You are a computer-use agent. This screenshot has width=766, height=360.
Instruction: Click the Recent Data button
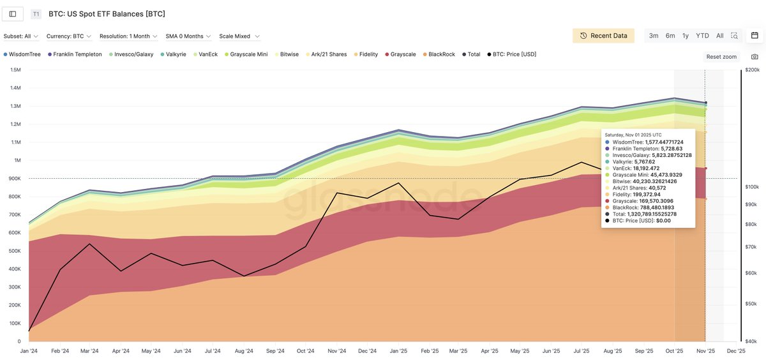click(603, 36)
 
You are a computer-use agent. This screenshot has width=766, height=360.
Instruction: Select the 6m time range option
click(670, 36)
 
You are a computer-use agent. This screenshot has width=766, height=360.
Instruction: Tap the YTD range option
click(702, 36)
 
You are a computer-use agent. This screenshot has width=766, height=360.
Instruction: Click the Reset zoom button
click(721, 57)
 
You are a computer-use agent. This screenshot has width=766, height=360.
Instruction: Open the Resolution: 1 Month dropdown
click(128, 36)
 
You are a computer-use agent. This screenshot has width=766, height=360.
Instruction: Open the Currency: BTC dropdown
click(69, 36)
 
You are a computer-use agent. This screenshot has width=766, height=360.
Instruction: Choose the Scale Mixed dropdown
click(239, 36)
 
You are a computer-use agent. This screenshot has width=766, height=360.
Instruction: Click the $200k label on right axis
click(753, 70)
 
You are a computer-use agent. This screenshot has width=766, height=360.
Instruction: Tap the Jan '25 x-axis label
click(398, 351)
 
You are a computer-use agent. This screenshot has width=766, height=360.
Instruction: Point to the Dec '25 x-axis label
click(736, 351)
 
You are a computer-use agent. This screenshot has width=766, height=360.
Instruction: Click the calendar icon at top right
click(754, 36)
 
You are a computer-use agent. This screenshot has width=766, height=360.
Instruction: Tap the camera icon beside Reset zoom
click(755, 57)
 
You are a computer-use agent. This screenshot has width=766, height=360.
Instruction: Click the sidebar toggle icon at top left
click(13, 13)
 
